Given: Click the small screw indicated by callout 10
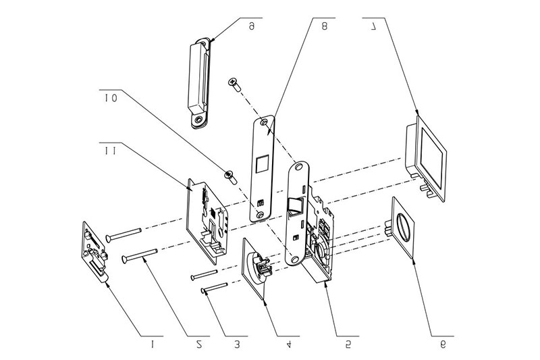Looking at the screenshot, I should (x=230, y=177).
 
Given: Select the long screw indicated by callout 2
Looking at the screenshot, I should (x=140, y=255).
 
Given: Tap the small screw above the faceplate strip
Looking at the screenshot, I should (x=234, y=84).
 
